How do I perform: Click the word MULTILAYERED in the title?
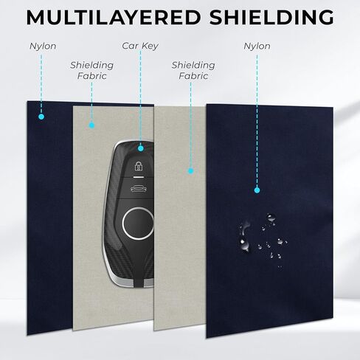pos(114,17)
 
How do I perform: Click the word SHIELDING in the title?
pos(271,17)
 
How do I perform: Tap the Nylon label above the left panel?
pos(43,46)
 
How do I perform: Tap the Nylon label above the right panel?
pos(257,46)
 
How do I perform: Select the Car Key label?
pos(140,46)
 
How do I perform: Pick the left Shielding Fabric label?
pos(91,70)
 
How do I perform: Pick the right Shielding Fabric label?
pos(193,70)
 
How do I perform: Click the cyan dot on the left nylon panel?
pos(41,117)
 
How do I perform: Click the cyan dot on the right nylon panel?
pos(257,190)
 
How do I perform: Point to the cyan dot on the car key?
pos(141,148)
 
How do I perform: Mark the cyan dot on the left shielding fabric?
pos(91,125)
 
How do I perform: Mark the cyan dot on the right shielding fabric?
pos(190,171)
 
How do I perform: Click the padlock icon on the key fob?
pos(139,166)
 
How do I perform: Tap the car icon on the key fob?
pos(139,189)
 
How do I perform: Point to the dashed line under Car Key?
pos(140,98)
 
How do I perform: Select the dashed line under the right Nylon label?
pos(257,120)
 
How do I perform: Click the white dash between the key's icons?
pos(139,177)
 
